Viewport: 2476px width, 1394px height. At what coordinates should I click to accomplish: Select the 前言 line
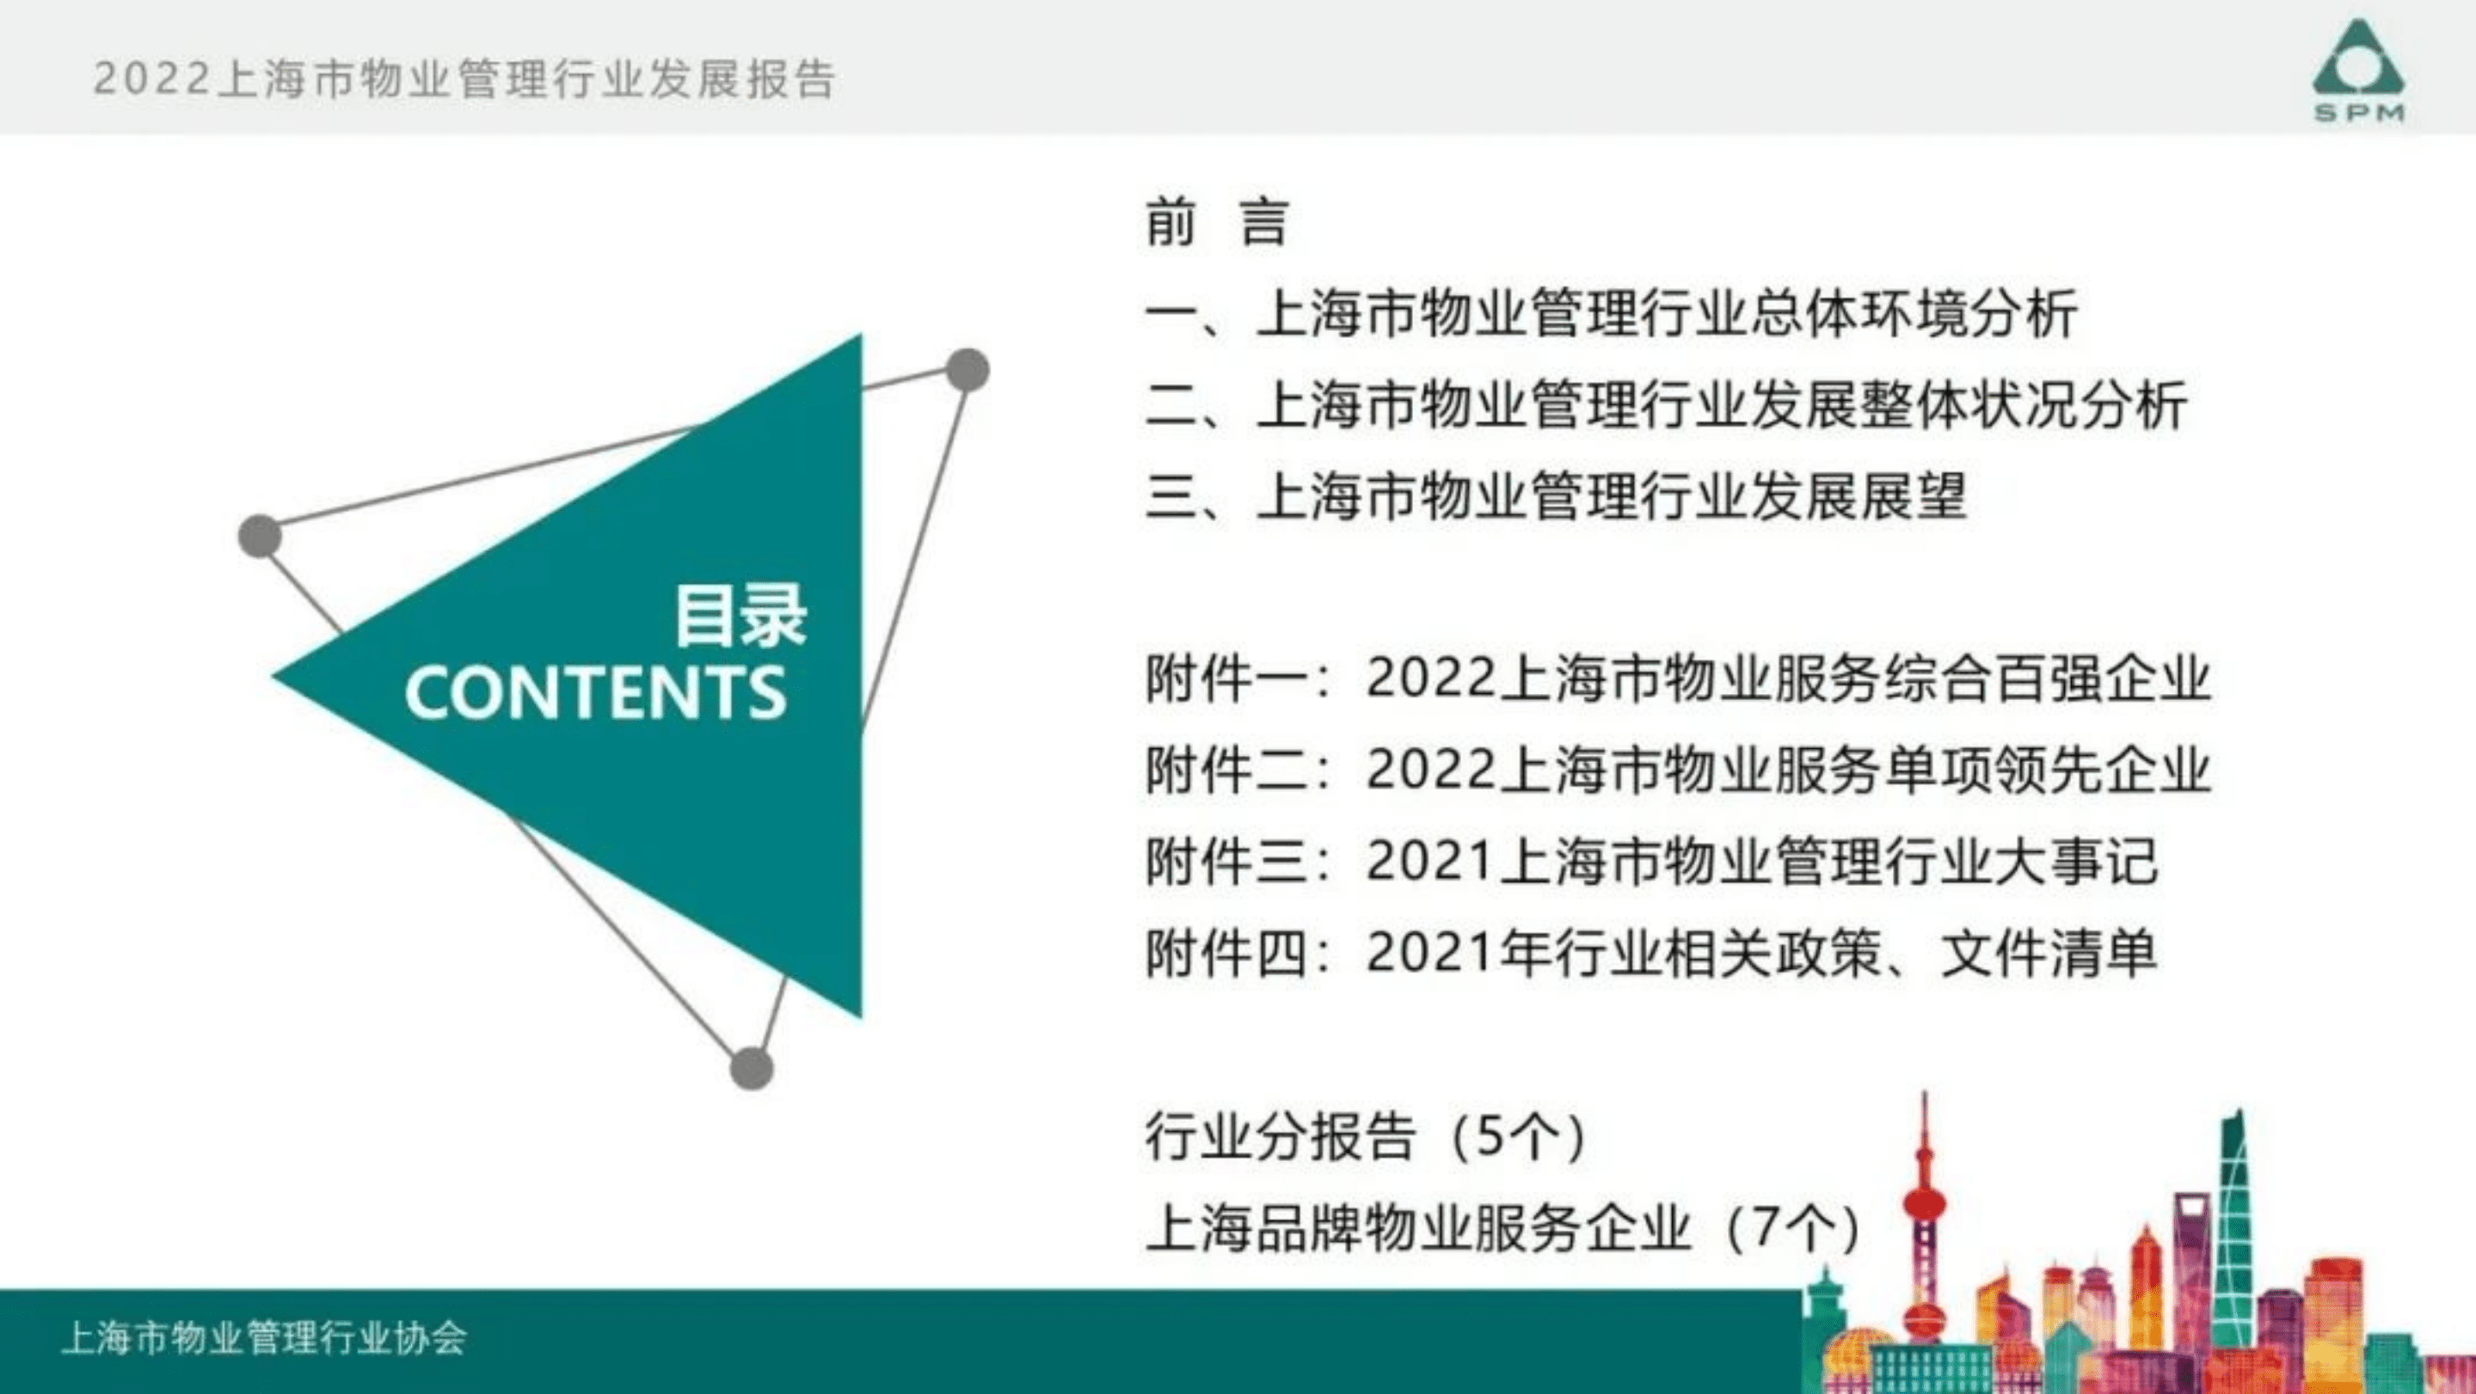[x=1216, y=222]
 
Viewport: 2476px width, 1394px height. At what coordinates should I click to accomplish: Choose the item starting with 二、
[x=1666, y=405]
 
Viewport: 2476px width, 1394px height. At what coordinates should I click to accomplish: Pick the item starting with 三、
[x=1555, y=496]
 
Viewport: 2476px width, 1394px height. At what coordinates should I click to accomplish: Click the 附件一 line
[x=1677, y=679]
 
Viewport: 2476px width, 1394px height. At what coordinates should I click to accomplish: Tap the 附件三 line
[x=1650, y=862]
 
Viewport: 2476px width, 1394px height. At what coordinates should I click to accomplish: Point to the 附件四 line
[x=1650, y=954]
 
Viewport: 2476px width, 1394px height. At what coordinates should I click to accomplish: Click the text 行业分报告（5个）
[x=1365, y=1138]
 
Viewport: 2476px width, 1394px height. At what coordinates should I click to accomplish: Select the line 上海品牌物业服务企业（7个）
[x=1502, y=1229]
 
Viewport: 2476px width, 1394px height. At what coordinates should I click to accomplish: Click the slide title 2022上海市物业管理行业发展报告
[x=464, y=79]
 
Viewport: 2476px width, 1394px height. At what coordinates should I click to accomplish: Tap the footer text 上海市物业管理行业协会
[x=264, y=1338]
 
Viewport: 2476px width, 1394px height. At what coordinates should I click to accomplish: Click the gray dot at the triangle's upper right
[x=967, y=370]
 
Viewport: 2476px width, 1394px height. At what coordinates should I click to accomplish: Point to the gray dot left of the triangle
[x=260, y=536]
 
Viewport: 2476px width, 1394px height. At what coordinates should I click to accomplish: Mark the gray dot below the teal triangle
[x=752, y=1068]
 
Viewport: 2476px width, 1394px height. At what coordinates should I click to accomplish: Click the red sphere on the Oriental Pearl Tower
[x=1924, y=1201]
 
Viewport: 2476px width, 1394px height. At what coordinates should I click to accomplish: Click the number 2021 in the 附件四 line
[x=1429, y=954]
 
